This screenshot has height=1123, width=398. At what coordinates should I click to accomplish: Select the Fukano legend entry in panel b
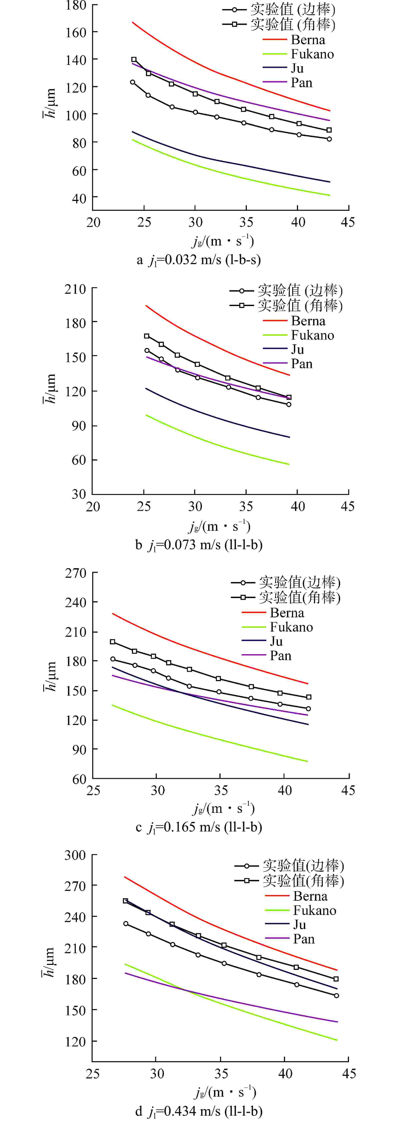coord(312,335)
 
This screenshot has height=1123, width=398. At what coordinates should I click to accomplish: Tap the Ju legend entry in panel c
coord(276,641)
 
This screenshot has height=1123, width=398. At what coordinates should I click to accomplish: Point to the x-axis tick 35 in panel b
coord(246,507)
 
